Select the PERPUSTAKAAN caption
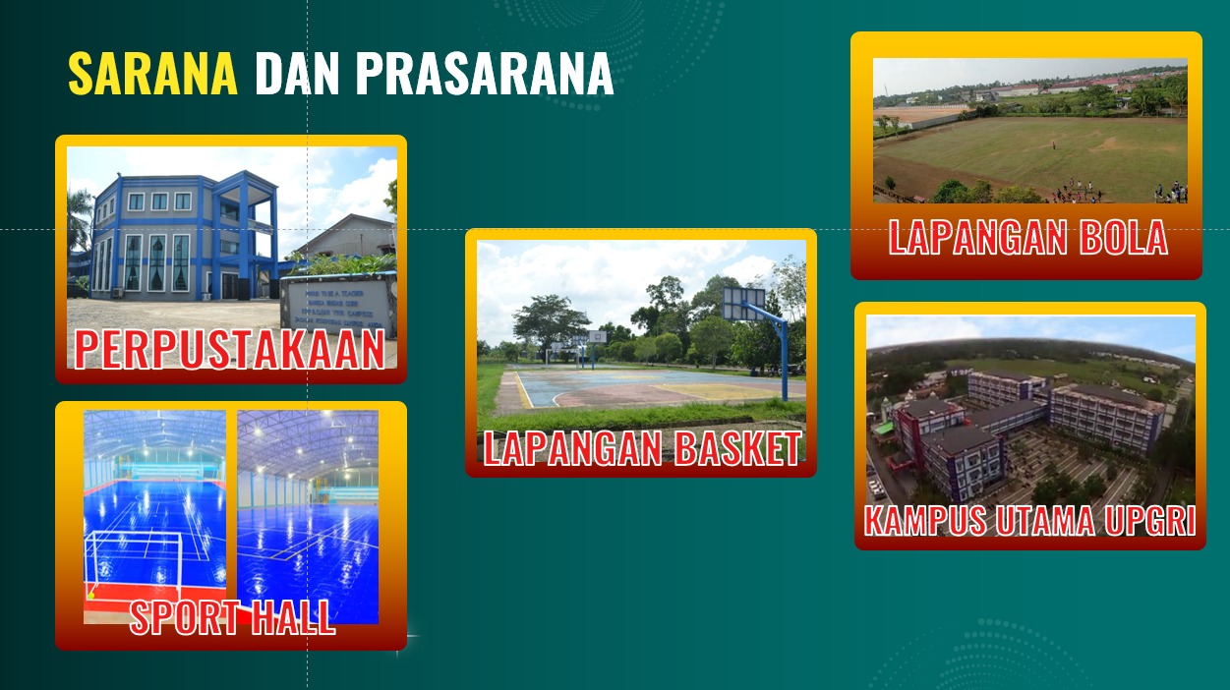point(230,349)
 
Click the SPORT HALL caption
point(232,616)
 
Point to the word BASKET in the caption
point(737,448)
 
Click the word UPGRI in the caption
point(1152,520)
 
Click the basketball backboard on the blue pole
point(744,303)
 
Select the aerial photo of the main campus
point(1029,413)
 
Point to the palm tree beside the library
point(78,221)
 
